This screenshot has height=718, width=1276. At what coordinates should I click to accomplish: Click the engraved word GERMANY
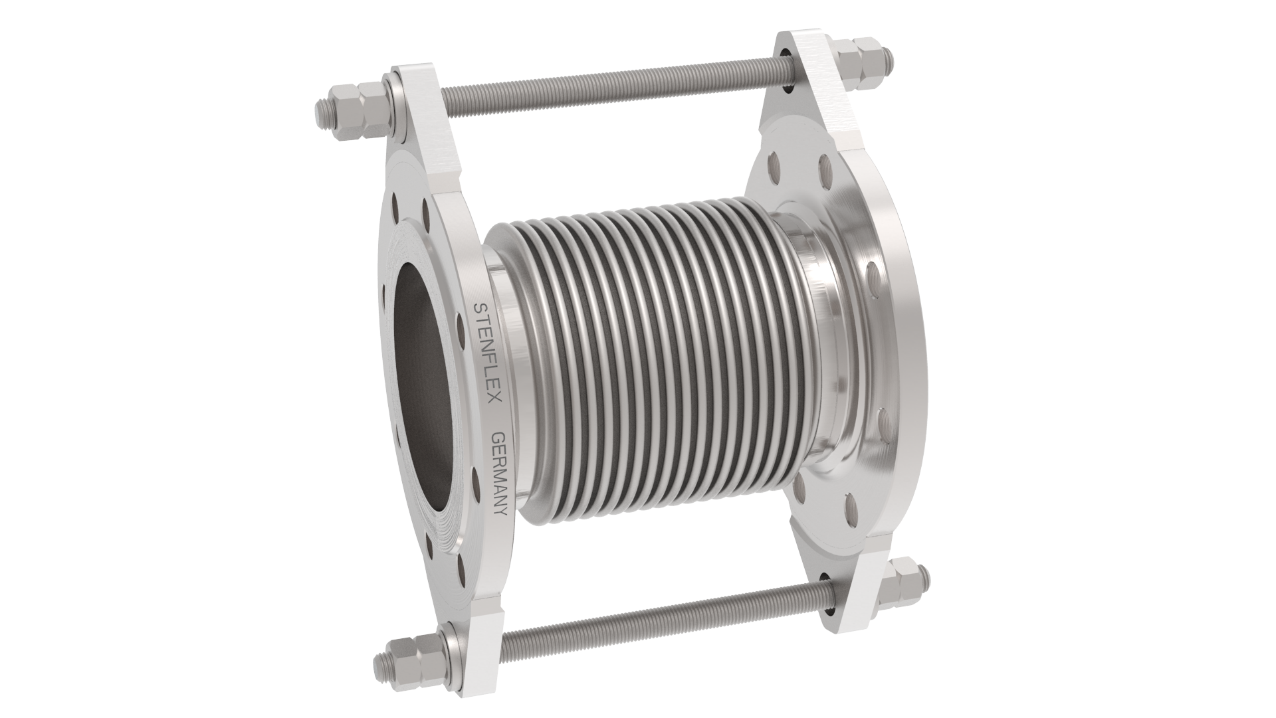tap(499, 473)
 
